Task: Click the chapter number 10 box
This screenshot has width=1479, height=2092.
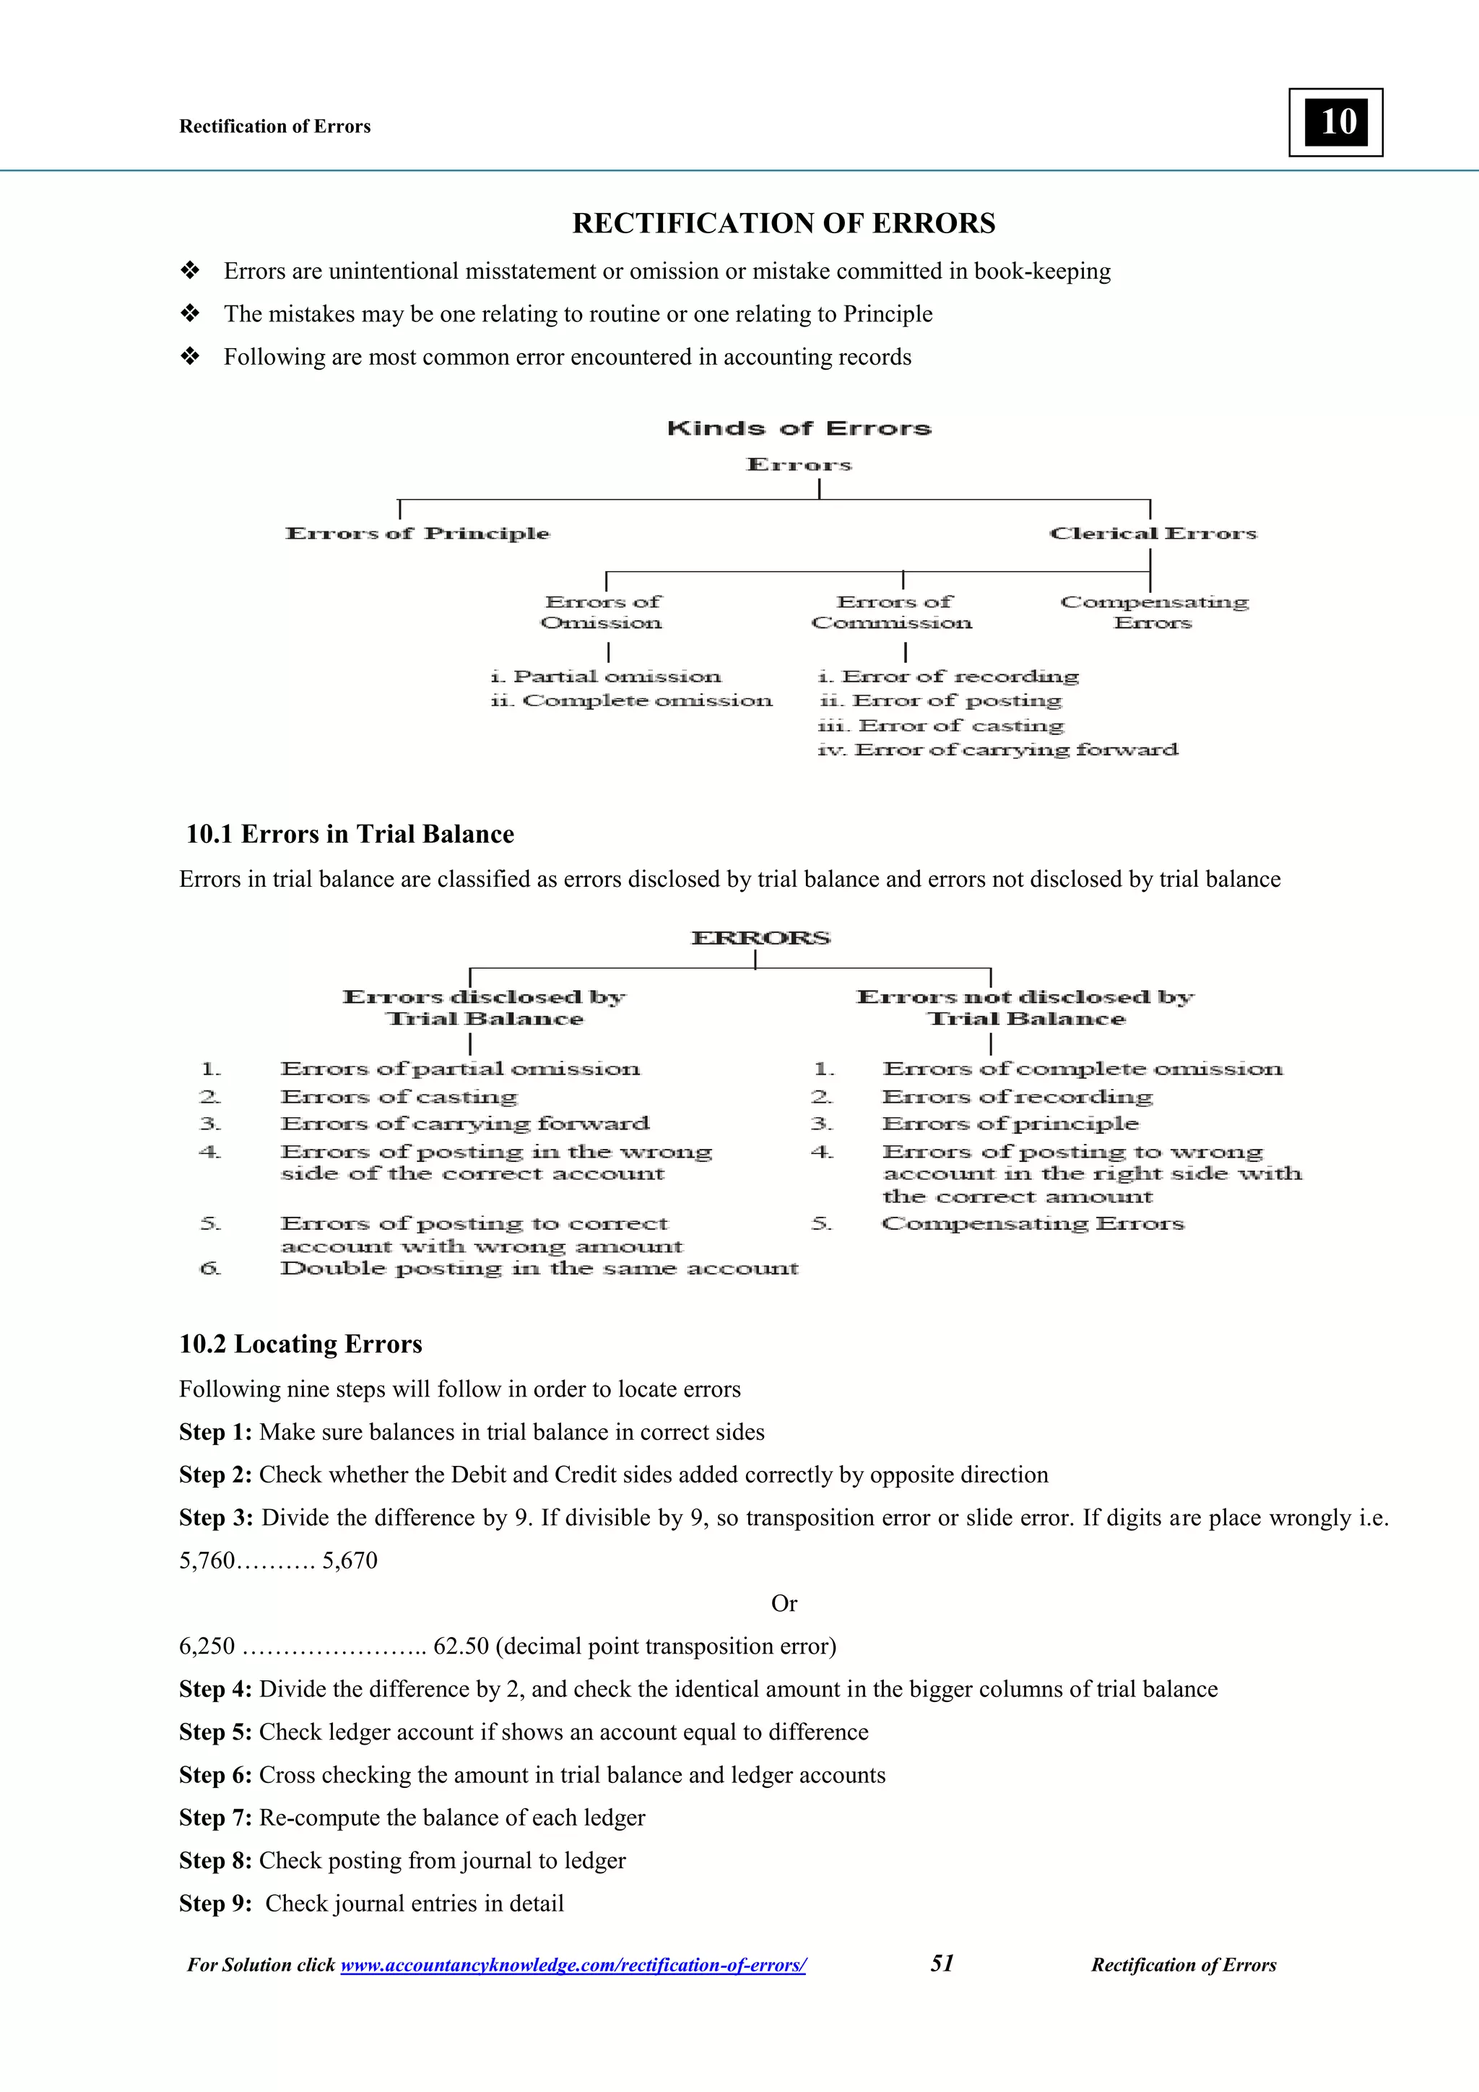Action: [x=1335, y=122]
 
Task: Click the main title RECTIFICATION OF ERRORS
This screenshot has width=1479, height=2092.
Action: [x=783, y=223]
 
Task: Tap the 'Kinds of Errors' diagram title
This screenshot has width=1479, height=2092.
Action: [x=799, y=428]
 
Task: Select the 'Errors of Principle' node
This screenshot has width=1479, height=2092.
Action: [x=417, y=533]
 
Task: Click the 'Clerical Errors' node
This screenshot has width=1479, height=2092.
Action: [x=1153, y=533]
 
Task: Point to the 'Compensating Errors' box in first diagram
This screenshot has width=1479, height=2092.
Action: [x=1154, y=612]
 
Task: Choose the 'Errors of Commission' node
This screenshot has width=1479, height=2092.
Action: [x=892, y=612]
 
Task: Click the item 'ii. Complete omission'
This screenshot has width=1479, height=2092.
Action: [x=630, y=700]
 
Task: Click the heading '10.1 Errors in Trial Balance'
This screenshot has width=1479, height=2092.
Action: [x=350, y=834]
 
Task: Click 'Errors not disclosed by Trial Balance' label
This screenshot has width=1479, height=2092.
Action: [x=1025, y=1007]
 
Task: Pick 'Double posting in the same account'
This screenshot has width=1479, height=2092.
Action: [x=539, y=1268]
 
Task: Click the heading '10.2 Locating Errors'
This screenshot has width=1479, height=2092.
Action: [x=300, y=1344]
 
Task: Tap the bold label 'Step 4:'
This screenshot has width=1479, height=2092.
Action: [x=215, y=1689]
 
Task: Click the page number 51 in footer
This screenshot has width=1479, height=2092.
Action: [x=942, y=1963]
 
